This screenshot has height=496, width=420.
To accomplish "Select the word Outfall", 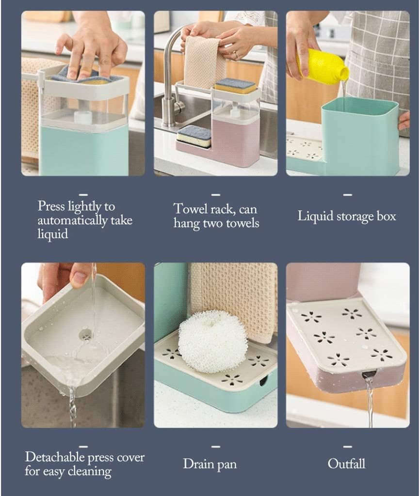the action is click(x=346, y=464).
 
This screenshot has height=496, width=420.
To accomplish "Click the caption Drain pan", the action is click(x=210, y=465).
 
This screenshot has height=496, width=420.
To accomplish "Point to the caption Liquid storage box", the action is click(x=346, y=216).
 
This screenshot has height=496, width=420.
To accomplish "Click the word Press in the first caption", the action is click(x=51, y=206).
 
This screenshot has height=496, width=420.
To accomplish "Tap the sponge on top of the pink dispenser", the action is click(x=235, y=85).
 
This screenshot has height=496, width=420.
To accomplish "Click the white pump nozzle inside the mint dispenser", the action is click(x=83, y=116).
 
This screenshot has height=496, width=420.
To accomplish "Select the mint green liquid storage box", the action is click(x=360, y=137).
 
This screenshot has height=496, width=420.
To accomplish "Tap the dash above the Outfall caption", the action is click(x=347, y=446).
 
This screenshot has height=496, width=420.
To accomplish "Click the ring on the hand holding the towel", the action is click(x=237, y=55).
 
